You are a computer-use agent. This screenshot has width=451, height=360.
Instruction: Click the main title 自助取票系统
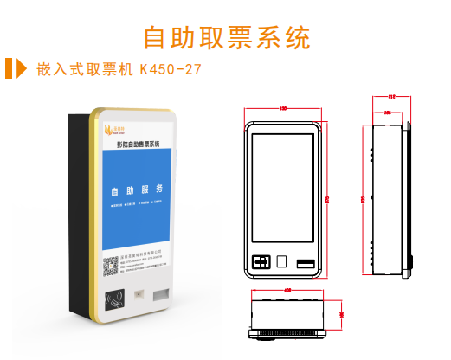click(x=225, y=37)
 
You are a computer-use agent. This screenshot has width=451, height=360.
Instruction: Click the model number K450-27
click(x=171, y=69)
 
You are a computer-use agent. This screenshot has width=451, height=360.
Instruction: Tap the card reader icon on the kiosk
click(x=112, y=300)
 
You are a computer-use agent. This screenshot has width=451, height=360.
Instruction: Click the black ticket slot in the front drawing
click(x=306, y=262)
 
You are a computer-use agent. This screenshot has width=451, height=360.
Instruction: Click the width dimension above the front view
click(x=285, y=109)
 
